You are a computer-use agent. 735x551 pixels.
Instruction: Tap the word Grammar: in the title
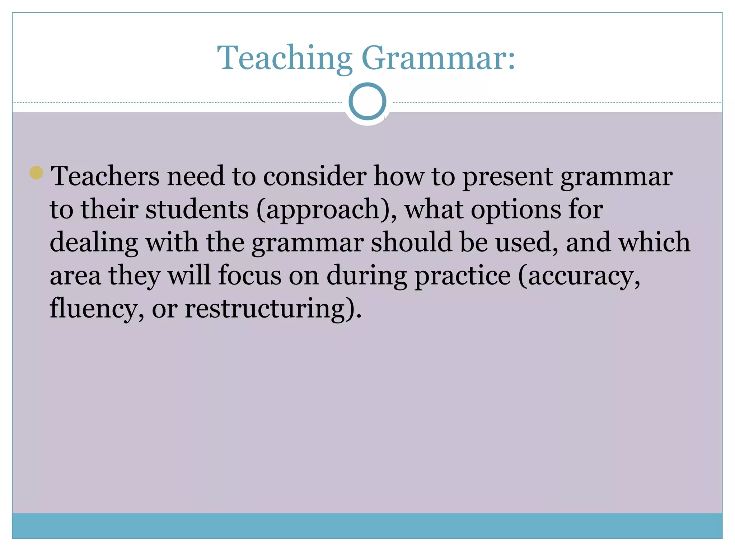(438, 58)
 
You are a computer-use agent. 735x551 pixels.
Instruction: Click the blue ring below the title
(367, 102)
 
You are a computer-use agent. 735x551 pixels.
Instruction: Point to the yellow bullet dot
(36, 173)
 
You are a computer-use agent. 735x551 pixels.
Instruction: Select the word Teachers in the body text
(105, 176)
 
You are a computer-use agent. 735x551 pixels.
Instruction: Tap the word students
(197, 209)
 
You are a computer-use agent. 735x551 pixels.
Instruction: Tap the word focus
(250, 275)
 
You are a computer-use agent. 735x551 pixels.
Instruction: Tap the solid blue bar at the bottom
(367, 526)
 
